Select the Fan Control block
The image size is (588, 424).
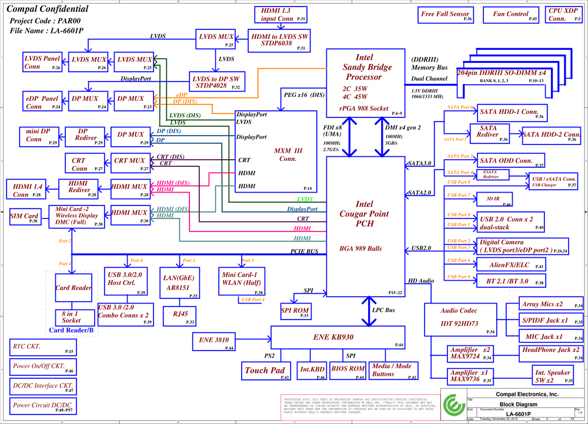(510, 15)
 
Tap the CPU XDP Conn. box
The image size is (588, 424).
(563, 15)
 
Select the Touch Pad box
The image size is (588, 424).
(266, 370)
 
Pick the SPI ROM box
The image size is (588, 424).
(295, 312)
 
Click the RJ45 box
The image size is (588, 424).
(180, 315)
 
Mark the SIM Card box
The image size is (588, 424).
(25, 217)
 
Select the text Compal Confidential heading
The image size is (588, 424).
(48, 9)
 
